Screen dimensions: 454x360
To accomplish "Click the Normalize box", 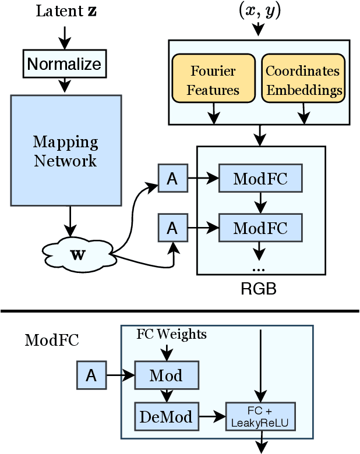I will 64,64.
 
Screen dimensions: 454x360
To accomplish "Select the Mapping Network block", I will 66,150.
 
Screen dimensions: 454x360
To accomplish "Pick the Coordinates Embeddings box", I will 302,80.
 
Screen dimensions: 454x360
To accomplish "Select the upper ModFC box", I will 260,179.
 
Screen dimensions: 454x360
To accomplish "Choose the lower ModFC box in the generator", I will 260,228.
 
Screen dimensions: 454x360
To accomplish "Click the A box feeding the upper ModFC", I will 172,179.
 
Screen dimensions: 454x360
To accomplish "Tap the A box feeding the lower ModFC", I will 172,228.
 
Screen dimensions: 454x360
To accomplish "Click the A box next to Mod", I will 91,376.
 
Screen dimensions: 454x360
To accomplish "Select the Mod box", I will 166,376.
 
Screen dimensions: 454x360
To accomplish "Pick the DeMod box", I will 166,416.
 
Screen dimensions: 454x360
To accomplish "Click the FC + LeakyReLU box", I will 260,416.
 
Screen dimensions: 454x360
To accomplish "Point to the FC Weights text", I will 171,335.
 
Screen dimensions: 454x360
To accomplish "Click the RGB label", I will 259,288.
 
